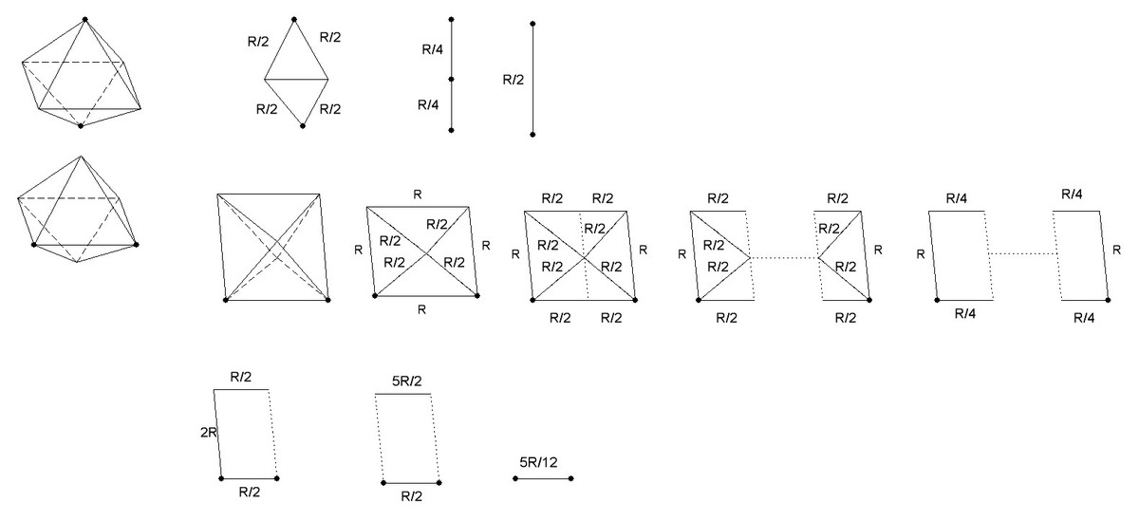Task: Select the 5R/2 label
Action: click(x=406, y=381)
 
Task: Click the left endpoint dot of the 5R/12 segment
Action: click(x=515, y=478)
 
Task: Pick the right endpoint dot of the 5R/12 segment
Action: click(x=572, y=478)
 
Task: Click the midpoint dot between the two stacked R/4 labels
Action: click(x=452, y=80)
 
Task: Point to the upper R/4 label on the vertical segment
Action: click(x=430, y=48)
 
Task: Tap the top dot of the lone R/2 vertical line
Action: click(x=533, y=23)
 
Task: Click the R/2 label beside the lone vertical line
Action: click(x=513, y=81)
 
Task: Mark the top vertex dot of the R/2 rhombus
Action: click(x=294, y=18)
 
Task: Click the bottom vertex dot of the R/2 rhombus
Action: click(x=303, y=126)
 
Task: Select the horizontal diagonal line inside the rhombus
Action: click(x=295, y=81)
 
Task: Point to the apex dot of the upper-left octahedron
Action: click(x=85, y=19)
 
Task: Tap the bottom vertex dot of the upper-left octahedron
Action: click(x=81, y=125)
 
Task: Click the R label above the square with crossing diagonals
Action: click(x=417, y=195)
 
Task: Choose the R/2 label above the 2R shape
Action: click(x=241, y=377)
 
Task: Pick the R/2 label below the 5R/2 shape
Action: click(x=412, y=496)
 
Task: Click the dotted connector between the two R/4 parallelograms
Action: click(x=1021, y=253)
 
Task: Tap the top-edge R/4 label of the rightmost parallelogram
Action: click(x=1074, y=194)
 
